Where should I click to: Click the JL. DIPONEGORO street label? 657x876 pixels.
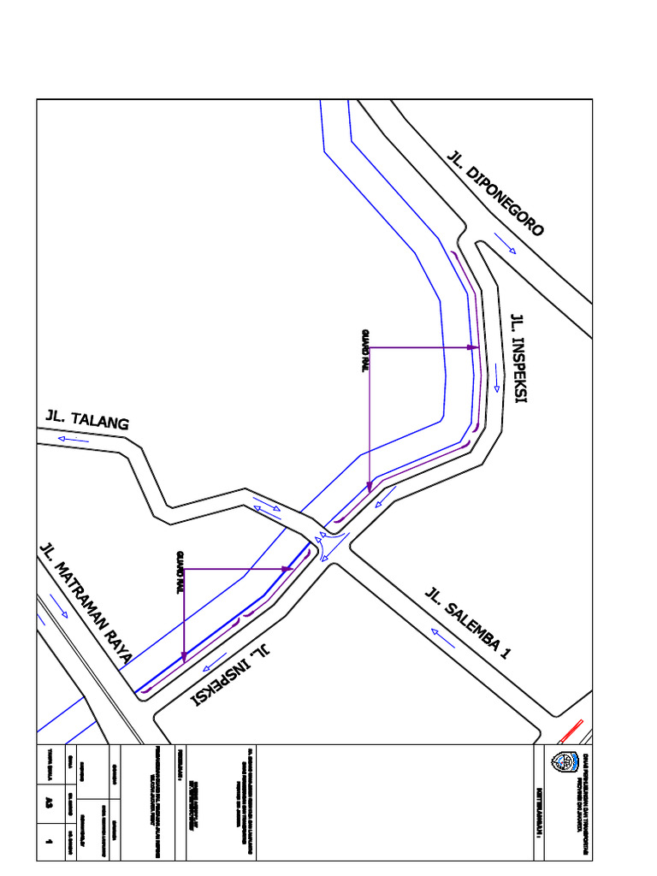click(x=495, y=193)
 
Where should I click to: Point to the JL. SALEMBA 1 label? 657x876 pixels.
click(x=468, y=623)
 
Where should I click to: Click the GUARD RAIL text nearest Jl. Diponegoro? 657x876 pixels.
click(x=364, y=351)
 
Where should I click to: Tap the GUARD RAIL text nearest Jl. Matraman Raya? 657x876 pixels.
click(x=180, y=571)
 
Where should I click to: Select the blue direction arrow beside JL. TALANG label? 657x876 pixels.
click(x=74, y=439)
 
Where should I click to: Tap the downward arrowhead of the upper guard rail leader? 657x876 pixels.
click(x=369, y=487)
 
